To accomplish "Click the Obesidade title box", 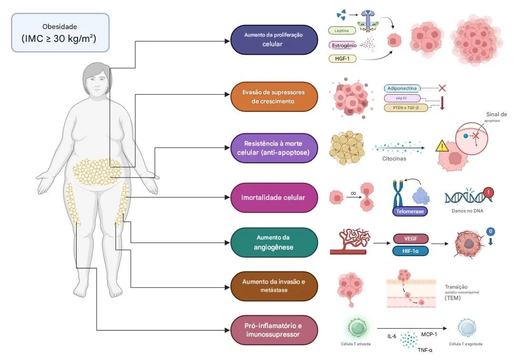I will coord(60,32).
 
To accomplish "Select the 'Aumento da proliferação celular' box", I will coord(273,40).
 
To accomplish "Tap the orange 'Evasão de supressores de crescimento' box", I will coord(273,97).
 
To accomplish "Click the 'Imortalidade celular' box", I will coord(273,197).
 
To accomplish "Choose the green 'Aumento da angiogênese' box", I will coord(273,242).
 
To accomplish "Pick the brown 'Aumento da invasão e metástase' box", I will coord(273,286).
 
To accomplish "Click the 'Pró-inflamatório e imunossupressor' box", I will coord(273,330).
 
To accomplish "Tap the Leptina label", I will coord(342,31).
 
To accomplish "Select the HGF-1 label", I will coord(342,59).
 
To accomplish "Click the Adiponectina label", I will coord(402,88).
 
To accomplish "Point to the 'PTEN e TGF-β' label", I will coord(406,108).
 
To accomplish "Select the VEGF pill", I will coord(410,239).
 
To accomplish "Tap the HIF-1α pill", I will coord(410,251).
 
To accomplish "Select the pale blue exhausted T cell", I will coord(466,328).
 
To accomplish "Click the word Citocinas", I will coord(395,159).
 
